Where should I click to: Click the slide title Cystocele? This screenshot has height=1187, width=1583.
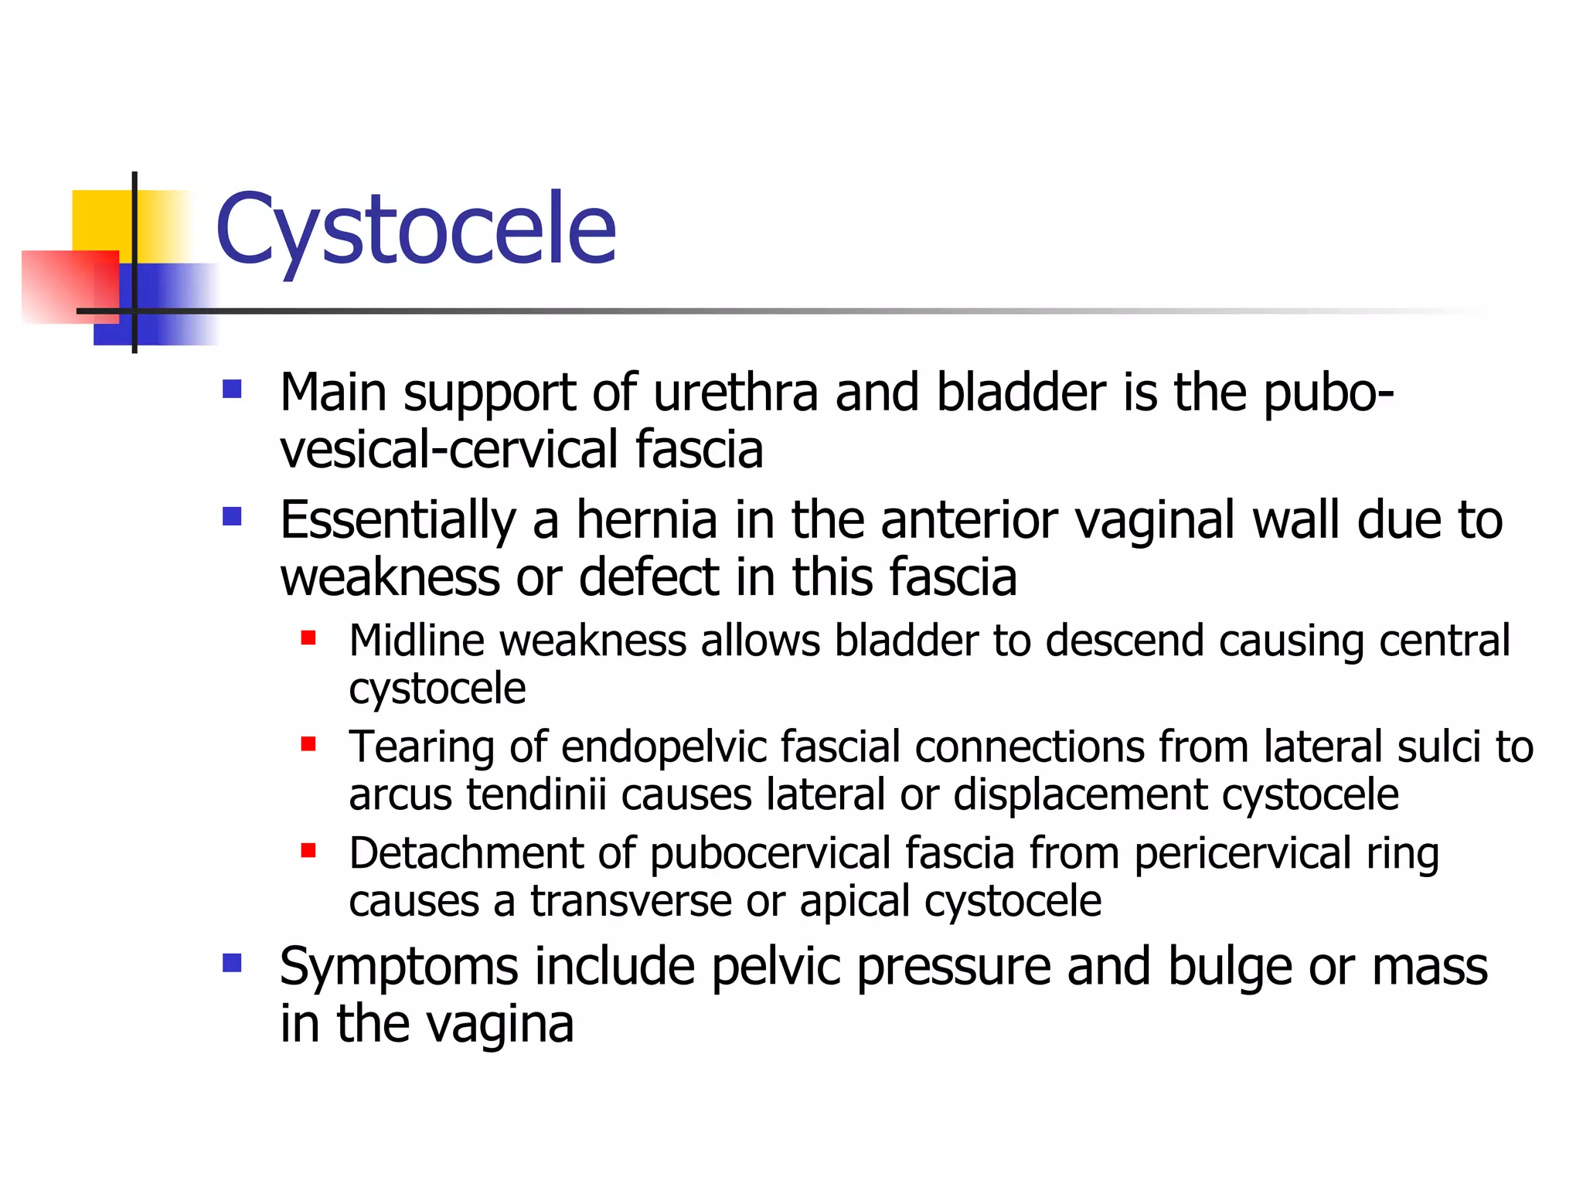pyautogui.click(x=416, y=230)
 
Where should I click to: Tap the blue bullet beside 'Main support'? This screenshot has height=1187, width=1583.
pyautogui.click(x=232, y=388)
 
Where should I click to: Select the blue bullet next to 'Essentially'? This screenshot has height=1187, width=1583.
pyautogui.click(x=232, y=515)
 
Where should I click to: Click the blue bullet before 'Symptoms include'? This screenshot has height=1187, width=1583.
pyautogui.click(x=232, y=962)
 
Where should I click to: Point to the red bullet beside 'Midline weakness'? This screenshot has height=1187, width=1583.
pyautogui.click(x=308, y=638)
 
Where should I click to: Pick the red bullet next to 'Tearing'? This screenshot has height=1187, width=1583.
pyautogui.click(x=308, y=744)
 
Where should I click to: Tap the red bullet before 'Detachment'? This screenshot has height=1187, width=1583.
pyautogui.click(x=308, y=851)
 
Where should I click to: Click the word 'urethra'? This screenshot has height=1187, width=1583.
pyautogui.click(x=735, y=393)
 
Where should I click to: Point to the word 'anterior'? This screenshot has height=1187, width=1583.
pyautogui.click(x=969, y=520)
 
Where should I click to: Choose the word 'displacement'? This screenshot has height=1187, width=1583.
pyautogui.click(x=1079, y=795)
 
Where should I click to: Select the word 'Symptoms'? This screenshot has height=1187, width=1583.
pyautogui.click(x=399, y=968)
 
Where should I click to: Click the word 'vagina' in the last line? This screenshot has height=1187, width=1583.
pyautogui.click(x=500, y=1025)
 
